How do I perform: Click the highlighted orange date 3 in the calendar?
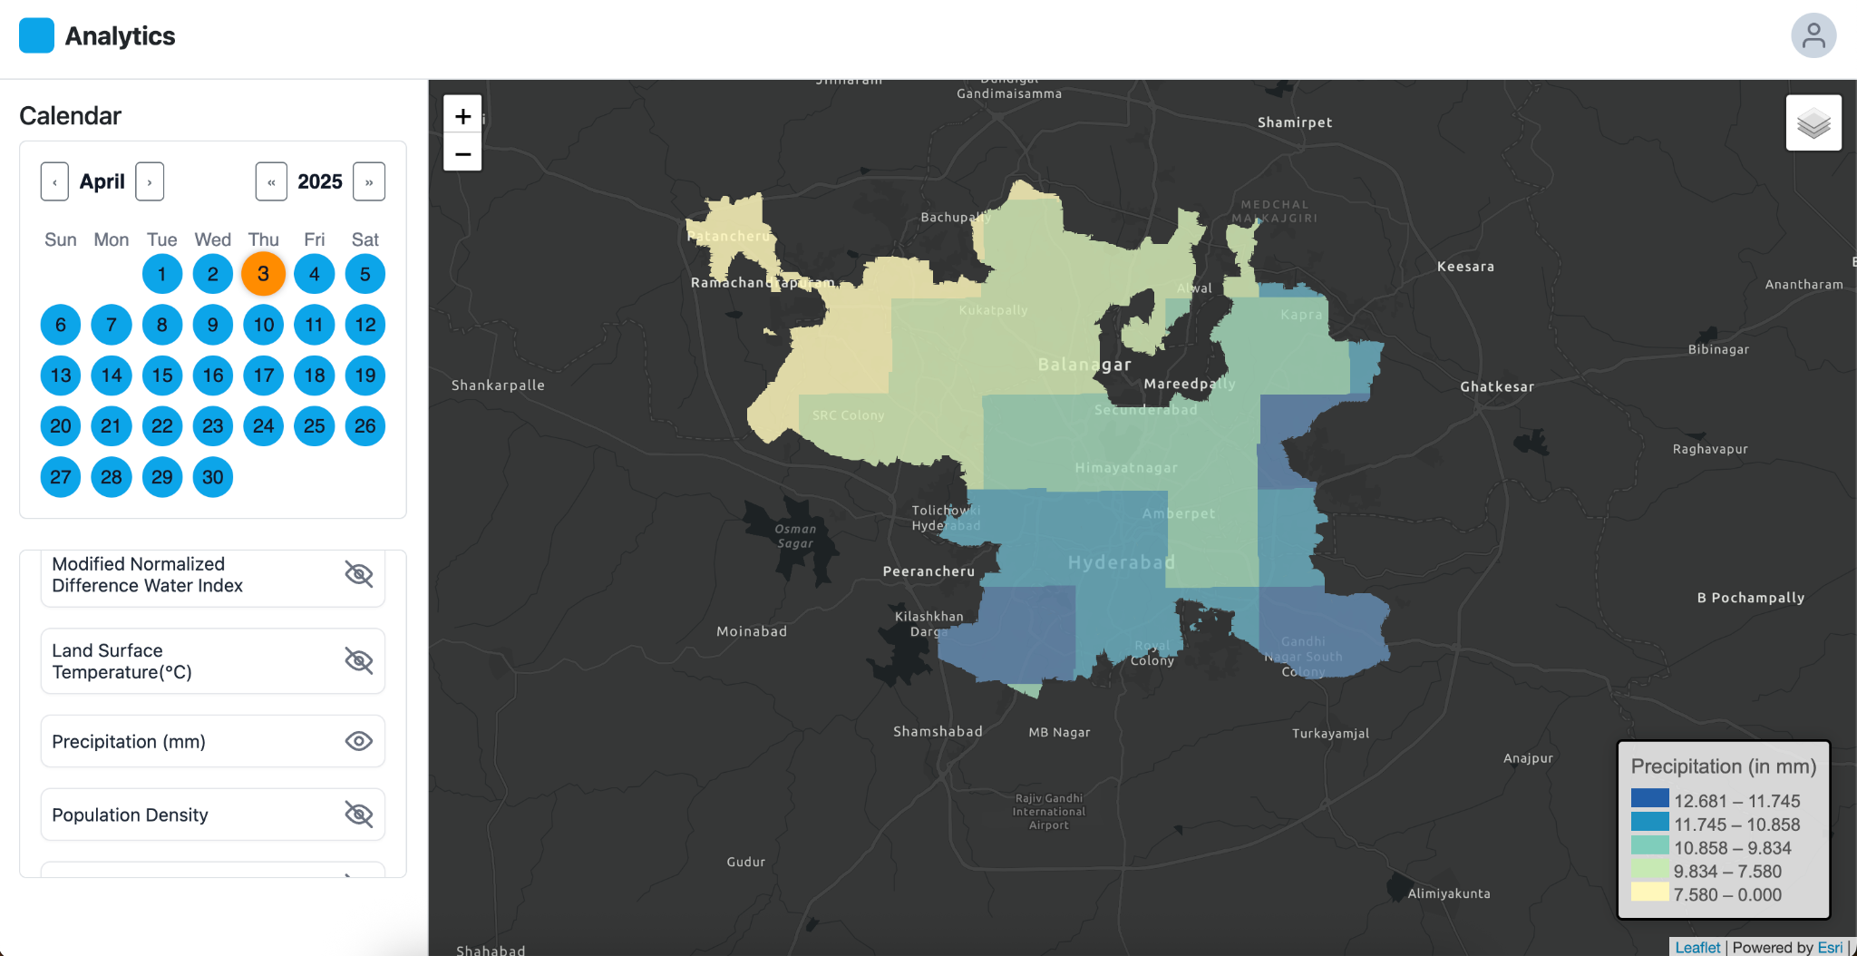coord(263,274)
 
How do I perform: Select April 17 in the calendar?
coord(263,376)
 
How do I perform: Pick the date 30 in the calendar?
coord(212,477)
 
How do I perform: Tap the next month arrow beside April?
coord(150,181)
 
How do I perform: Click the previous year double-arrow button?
coord(271,181)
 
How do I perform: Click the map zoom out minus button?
coord(462,154)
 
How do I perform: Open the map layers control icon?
coord(1813,122)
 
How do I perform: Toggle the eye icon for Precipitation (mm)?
coord(359,741)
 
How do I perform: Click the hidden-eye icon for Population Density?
coord(359,815)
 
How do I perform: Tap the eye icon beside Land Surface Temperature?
coord(359,660)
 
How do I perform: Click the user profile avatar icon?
coord(1813,36)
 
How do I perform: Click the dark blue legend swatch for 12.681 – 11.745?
coord(1649,798)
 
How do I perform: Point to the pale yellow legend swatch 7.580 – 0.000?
coord(1649,893)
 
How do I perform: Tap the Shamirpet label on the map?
coord(1295,122)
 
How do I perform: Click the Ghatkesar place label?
coord(1497,386)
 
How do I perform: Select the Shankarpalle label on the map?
coord(498,385)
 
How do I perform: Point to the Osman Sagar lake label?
coord(795,536)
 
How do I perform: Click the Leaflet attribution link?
coord(1697,947)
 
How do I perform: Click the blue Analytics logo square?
coord(37,36)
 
